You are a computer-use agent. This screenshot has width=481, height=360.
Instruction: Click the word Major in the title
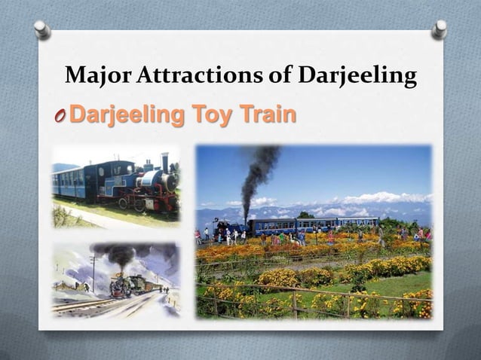tap(91, 76)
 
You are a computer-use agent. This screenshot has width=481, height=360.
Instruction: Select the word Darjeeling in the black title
tap(357, 76)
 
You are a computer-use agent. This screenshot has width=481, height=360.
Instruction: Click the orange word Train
tap(267, 116)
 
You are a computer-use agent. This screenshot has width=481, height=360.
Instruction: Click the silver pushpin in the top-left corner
tap(42, 29)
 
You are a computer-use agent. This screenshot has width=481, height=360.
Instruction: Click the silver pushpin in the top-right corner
tap(440, 29)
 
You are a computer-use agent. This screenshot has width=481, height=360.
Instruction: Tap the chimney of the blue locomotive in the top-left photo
tap(164, 162)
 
